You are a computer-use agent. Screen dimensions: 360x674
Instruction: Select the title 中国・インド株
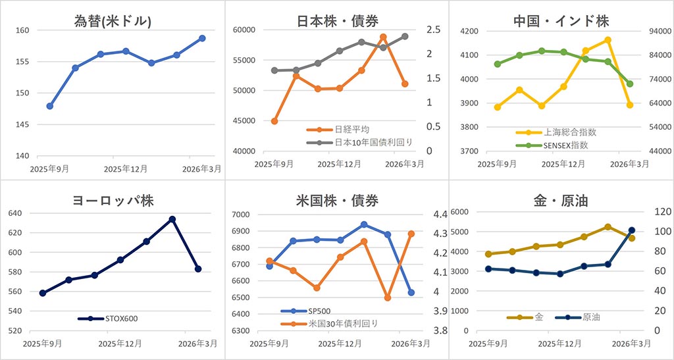[x=561, y=20]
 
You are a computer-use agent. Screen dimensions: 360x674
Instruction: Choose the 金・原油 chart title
[x=561, y=201]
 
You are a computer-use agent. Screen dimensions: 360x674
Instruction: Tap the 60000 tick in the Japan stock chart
[x=244, y=30]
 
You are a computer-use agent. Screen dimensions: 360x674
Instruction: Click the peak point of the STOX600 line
[x=172, y=219]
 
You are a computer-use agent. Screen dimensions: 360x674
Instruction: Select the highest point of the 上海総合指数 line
[x=608, y=40]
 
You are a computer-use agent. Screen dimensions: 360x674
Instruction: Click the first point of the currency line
[x=50, y=106]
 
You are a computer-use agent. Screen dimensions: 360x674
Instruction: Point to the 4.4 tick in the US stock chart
[x=440, y=215]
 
